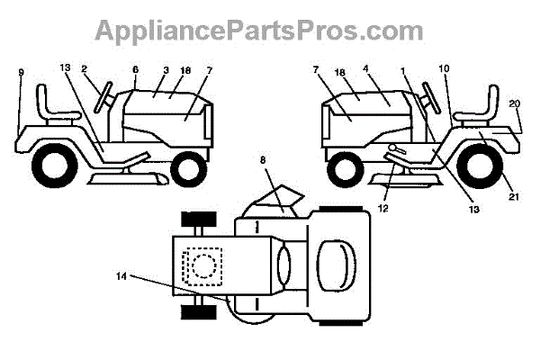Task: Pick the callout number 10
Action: point(444,67)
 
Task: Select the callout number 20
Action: point(514,103)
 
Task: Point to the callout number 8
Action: point(263,160)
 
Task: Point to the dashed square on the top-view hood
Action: point(200,265)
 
